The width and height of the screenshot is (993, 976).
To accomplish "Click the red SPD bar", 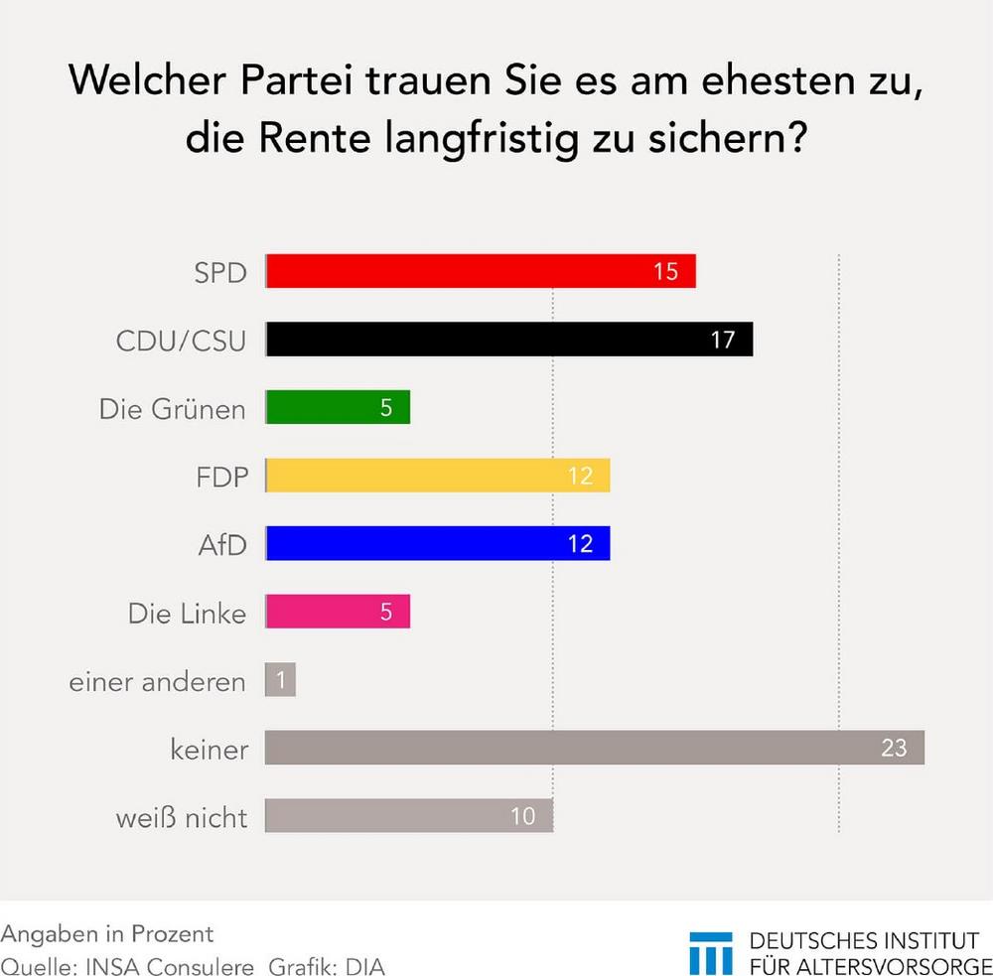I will (481, 271).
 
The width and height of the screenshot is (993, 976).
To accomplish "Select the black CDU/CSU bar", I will (509, 340).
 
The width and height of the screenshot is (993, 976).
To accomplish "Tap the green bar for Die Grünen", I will (338, 407).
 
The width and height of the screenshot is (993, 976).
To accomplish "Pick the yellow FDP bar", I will (438, 476).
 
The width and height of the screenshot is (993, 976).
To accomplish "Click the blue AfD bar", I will (438, 544).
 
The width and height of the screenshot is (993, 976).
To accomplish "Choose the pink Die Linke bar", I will (338, 613).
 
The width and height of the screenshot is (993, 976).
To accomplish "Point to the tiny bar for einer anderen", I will (280, 680).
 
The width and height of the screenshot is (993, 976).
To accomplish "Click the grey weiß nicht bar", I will (408, 816).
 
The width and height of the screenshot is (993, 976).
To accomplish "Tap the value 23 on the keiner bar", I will (894, 748).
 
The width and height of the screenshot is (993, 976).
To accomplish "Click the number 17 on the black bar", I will (722, 340).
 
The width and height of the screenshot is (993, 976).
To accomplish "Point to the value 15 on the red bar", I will (665, 271).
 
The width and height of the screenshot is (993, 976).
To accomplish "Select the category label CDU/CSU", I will (181, 341).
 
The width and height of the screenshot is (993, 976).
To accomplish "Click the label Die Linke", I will (187, 614).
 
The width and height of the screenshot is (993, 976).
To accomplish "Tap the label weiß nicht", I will (181, 818).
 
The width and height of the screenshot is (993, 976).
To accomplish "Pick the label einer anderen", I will (157, 682).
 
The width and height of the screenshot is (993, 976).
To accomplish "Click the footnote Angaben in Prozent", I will (107, 934).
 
